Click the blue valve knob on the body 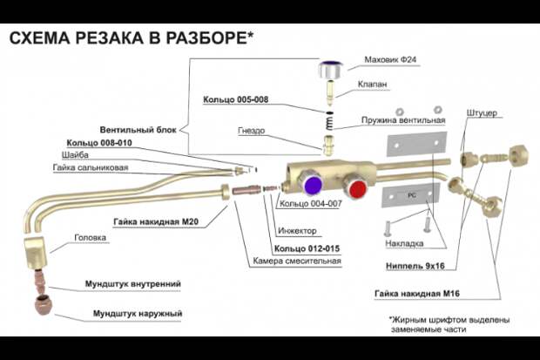tap(313, 184)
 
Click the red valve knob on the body tap(357, 189)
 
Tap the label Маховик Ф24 tap(390, 59)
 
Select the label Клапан tap(372, 85)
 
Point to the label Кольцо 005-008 tap(235, 99)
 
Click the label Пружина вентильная tap(403, 120)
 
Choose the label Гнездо tap(252, 131)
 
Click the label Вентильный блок tap(138, 130)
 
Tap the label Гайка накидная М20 tap(156, 221)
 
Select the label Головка tap(91, 238)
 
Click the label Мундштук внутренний tap(133, 284)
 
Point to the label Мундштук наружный tap(138, 314)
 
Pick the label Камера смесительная tap(297, 261)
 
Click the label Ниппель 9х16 tap(415, 266)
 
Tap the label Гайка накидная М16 tap(417, 294)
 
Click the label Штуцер tap(482, 113)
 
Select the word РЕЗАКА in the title tap(110, 37)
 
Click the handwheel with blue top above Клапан tap(329, 70)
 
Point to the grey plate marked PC tap(411, 195)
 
